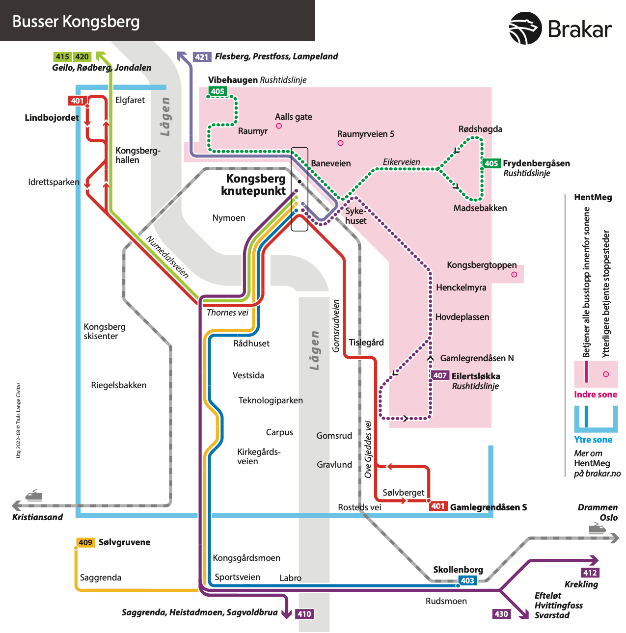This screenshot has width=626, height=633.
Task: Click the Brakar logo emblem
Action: click(x=525, y=28)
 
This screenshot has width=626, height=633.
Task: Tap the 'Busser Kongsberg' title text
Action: click(x=76, y=22)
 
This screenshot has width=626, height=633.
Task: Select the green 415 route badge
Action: click(x=62, y=57)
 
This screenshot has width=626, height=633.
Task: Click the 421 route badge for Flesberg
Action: click(x=202, y=57)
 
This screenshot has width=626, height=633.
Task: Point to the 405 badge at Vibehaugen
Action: click(x=218, y=91)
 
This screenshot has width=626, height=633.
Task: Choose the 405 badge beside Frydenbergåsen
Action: click(x=491, y=163)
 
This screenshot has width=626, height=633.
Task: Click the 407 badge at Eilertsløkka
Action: click(x=440, y=375)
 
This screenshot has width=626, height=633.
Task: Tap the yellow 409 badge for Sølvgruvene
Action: click(x=85, y=542)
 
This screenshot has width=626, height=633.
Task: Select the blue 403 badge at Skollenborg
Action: click(x=467, y=580)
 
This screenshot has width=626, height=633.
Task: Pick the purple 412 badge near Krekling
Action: click(x=590, y=573)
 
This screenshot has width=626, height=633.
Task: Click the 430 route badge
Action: click(x=501, y=614)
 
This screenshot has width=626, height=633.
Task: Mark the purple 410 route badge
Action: click(x=304, y=614)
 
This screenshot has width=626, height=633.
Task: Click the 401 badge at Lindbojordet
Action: click(x=78, y=101)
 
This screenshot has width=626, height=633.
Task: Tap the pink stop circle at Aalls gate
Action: click(x=279, y=126)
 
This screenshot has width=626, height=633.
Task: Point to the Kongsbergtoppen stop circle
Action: click(x=514, y=274)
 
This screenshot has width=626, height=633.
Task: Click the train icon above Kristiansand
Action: click(x=33, y=495)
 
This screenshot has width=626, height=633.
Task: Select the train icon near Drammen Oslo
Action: click(x=597, y=528)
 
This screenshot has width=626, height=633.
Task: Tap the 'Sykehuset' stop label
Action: click(x=355, y=216)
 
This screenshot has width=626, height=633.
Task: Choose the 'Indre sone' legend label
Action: click(x=596, y=395)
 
